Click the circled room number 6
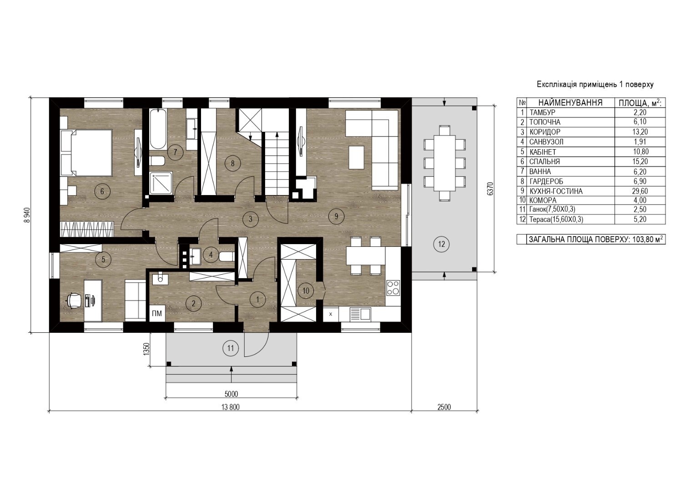tap(102, 191)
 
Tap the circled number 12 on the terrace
tap(441, 244)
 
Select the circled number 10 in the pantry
tap(306, 291)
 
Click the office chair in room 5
tap(75, 300)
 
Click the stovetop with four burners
tap(393, 288)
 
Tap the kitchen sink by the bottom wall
tap(360, 314)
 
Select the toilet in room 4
tap(226, 256)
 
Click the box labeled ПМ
tap(157, 314)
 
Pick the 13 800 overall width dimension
tap(231, 407)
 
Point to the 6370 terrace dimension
tap(490, 189)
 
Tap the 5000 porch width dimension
tap(231, 394)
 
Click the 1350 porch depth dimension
tap(147, 349)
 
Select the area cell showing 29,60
tap(640, 191)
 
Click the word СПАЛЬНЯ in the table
tap(544, 161)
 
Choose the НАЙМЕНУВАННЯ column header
tap(570, 103)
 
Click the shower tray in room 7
tap(161, 183)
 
